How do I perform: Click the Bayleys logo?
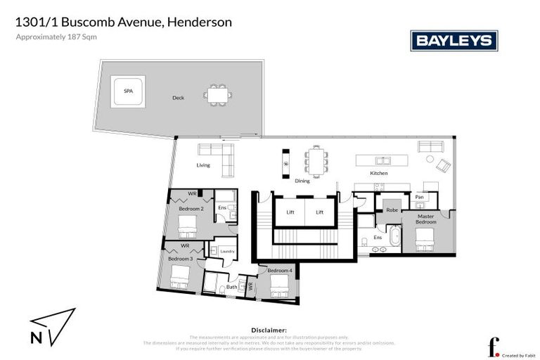pyautogui.click(x=454, y=41)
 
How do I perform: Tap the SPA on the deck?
pyautogui.click(x=128, y=91)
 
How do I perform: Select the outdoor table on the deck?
pyautogui.click(x=217, y=94)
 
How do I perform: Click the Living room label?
pyautogui.click(x=203, y=165)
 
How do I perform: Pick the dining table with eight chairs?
pyautogui.click(x=316, y=160)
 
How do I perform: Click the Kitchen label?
pyautogui.click(x=379, y=173)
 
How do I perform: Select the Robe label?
pyautogui.click(x=392, y=210)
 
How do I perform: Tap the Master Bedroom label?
pyautogui.click(x=426, y=219)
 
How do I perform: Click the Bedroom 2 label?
pyautogui.click(x=191, y=209)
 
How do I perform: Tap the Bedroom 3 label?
pyautogui.click(x=181, y=259)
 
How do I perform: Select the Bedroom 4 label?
pyautogui.click(x=279, y=271)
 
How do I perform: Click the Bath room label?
pyautogui.click(x=231, y=287)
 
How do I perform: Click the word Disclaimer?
pyautogui.click(x=269, y=329)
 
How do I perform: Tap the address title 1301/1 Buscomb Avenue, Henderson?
pyautogui.click(x=124, y=22)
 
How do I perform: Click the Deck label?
pyautogui.click(x=178, y=98)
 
